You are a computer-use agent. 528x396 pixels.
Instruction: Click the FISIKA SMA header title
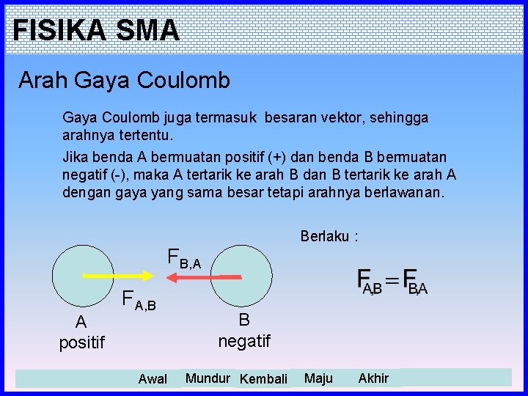pos(95,30)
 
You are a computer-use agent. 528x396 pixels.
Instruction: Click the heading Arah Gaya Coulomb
pos(124,80)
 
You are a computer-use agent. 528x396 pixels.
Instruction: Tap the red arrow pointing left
pos(202,276)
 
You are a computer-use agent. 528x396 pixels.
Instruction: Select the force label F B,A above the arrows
pos(184,258)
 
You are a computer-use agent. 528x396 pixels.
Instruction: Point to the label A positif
pos(81,331)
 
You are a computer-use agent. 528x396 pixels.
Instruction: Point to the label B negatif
pos(244,330)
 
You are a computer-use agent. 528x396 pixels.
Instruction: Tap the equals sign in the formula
pos(393,281)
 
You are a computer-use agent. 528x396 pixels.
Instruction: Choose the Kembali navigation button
pos(263,378)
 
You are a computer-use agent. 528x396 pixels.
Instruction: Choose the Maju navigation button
pos(318,378)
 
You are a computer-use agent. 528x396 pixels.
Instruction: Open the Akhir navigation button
pos(373,378)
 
